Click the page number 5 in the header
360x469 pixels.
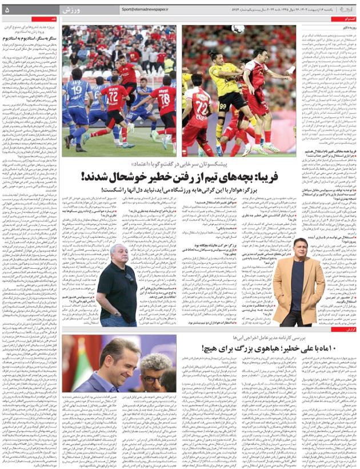click(x=7, y=10)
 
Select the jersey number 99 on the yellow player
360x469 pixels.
click(x=223, y=106)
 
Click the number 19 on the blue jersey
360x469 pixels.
click(x=77, y=89)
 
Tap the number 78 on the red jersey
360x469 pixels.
click(x=164, y=97)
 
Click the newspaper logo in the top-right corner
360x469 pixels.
click(x=347, y=10)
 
